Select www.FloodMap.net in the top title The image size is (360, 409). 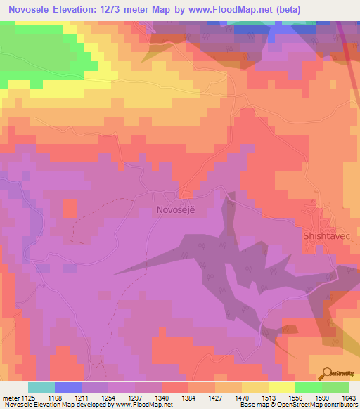tap(252, 9)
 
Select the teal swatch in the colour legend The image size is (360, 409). tap(41, 387)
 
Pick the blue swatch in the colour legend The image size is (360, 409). tap(68, 387)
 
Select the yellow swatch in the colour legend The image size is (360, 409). tap(281, 387)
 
